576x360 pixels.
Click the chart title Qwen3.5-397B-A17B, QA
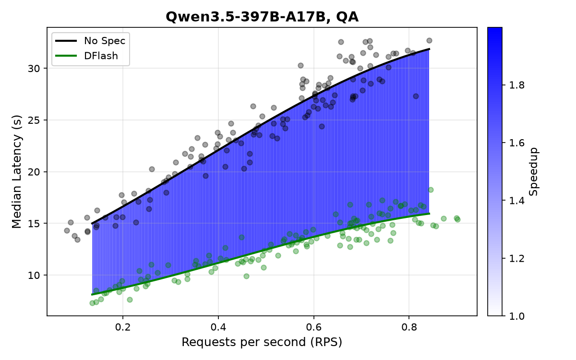click(262, 17)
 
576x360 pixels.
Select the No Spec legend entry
click(91, 41)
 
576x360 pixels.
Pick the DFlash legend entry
click(87, 56)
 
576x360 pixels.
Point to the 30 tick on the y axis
click(34, 68)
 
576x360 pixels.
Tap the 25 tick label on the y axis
click(34, 120)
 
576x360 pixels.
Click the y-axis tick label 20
click(34, 172)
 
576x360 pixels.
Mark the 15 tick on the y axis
click(34, 224)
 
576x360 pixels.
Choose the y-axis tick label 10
click(34, 276)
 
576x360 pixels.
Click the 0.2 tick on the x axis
click(123, 327)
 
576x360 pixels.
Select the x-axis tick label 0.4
click(218, 327)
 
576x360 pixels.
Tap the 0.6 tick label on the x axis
click(314, 327)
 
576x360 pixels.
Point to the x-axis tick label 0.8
click(409, 327)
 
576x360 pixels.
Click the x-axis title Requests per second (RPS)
click(262, 342)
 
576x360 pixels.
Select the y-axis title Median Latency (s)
click(17, 171)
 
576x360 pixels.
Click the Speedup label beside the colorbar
click(534, 171)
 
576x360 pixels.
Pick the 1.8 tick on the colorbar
click(517, 85)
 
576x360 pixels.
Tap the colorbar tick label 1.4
click(517, 200)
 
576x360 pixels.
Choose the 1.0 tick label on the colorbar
click(517, 316)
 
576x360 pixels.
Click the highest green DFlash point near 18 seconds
click(431, 190)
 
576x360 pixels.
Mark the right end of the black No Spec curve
click(430, 49)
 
